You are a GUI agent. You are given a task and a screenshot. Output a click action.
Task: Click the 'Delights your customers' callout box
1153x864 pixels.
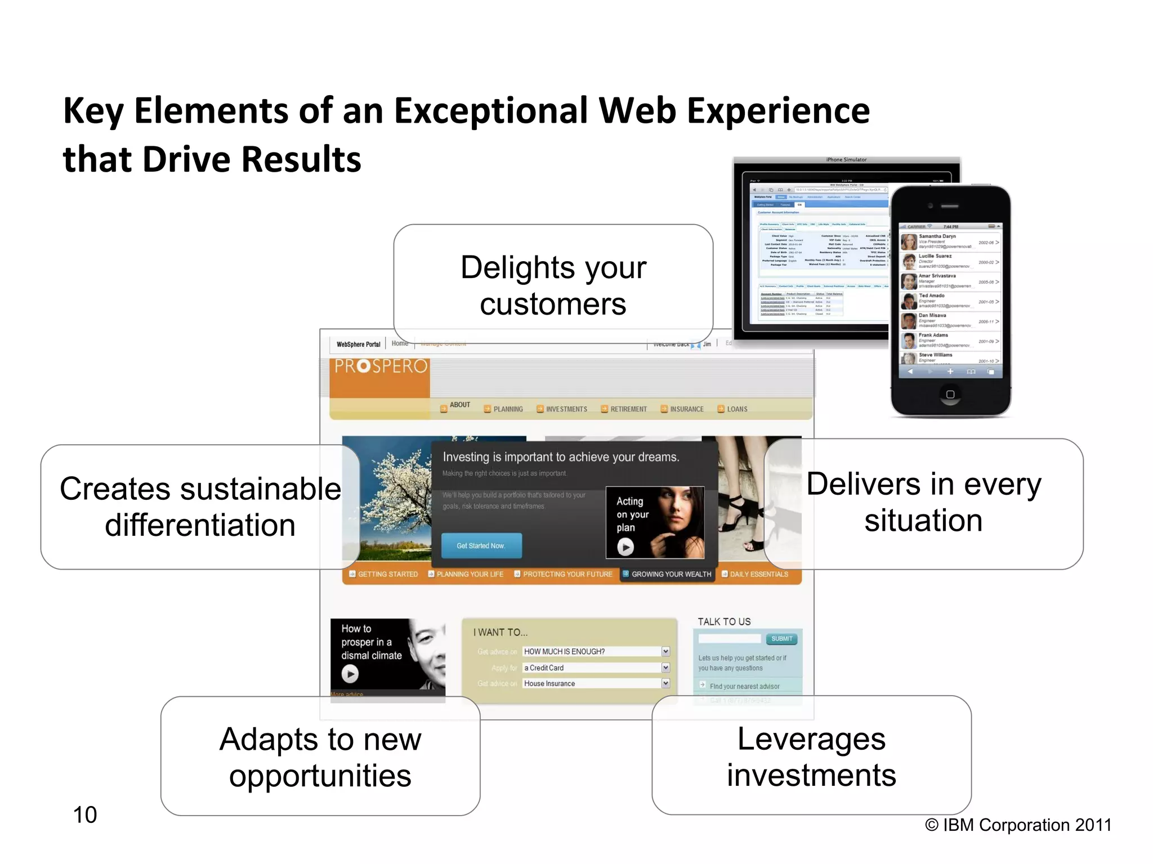553,284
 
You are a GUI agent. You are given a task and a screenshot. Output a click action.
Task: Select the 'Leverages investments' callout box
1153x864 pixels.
811,756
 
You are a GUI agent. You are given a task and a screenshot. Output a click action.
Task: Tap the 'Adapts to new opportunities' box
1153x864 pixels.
320,756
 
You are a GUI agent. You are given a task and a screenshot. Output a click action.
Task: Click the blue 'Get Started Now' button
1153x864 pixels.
481,545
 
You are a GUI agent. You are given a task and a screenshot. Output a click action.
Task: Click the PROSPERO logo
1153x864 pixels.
381,367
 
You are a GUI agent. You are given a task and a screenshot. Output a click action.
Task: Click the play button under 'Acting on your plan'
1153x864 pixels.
625,547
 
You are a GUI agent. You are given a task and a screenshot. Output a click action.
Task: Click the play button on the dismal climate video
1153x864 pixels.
350,673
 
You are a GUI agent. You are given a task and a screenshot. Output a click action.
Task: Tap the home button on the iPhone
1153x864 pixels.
950,394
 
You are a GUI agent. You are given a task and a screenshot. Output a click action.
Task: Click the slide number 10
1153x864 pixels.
85,814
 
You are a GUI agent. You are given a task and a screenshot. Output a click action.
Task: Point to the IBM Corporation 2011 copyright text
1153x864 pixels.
1018,825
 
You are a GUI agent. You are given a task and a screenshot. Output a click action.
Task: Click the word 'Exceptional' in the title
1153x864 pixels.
491,111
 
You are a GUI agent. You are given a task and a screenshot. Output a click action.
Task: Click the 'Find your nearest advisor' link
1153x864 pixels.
744,686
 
